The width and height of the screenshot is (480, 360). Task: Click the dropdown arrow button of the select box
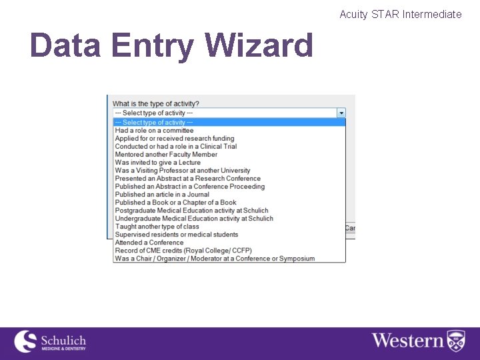point(341,113)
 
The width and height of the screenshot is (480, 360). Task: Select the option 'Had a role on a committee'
point(154,131)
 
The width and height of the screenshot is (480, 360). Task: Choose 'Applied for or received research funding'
point(175,139)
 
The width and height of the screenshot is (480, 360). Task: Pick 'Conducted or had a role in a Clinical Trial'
point(176,147)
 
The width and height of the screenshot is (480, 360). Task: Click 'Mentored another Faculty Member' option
point(166,155)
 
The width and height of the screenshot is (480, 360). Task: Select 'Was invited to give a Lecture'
point(157,163)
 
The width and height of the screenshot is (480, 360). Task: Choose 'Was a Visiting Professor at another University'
point(183,171)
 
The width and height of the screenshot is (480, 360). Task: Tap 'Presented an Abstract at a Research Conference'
point(187,179)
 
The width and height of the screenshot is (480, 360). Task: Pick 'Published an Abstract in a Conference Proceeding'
point(189,187)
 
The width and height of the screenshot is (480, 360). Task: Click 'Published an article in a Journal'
point(162,195)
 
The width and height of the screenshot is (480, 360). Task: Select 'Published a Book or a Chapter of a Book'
point(175,203)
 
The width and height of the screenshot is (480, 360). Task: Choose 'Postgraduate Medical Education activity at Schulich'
point(191,211)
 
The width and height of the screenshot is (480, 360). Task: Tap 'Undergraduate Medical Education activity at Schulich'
point(194,219)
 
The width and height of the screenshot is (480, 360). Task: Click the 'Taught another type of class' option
point(157,227)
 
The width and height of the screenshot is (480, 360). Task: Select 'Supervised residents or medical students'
point(176,235)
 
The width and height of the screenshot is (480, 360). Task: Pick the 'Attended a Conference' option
point(149,243)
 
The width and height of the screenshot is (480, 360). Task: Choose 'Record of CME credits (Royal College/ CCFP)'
point(183,251)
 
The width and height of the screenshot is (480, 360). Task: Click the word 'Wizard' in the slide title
point(259,45)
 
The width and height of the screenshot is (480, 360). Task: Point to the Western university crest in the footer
point(456,340)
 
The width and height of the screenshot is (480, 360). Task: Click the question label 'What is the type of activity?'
point(155,104)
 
